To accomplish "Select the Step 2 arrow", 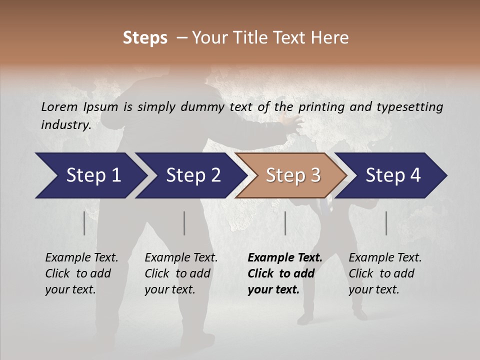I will pos(192,175).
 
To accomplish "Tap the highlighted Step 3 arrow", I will pos(292,175).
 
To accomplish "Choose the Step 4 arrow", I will pos(392,175).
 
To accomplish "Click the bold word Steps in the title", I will pos(145,38).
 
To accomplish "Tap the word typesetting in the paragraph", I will pos(414,106).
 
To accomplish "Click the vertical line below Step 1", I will pos(84,223).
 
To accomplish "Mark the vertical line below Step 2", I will pos(184,223).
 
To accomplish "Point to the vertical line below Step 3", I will pos(285,223).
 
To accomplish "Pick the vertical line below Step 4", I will pos(386,223).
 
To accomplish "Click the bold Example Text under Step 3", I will pos(285,258).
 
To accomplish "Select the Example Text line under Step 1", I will pos(81,258).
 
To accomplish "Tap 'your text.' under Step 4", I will pos(373,289).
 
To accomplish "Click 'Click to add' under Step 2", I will pos(177,273).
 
